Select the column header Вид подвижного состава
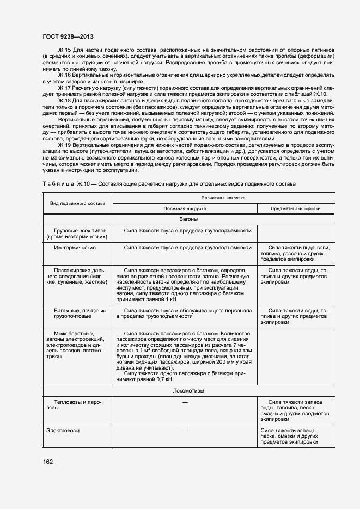coord(77,203)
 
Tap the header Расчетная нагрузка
coord(223,198)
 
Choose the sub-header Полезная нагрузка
coord(185,208)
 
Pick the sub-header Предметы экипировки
coord(295,208)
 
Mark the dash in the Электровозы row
coord(185,431)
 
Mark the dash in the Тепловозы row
coord(185,402)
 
